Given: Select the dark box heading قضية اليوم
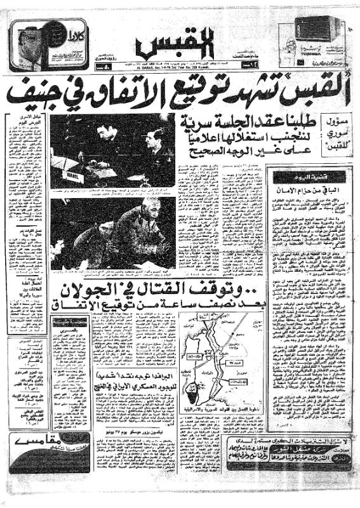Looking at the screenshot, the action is coord(305,176).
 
